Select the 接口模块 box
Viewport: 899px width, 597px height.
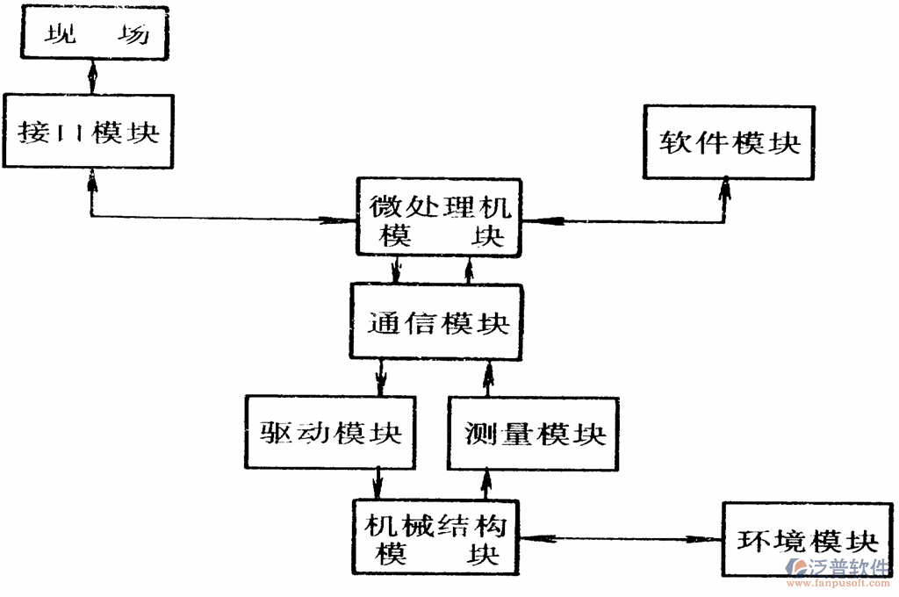coord(89,132)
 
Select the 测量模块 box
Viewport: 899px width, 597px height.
coord(535,433)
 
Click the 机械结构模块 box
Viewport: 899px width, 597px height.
coord(435,538)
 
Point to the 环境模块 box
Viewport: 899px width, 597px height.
coord(807,538)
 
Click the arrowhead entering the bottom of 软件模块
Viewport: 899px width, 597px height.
coord(726,187)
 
